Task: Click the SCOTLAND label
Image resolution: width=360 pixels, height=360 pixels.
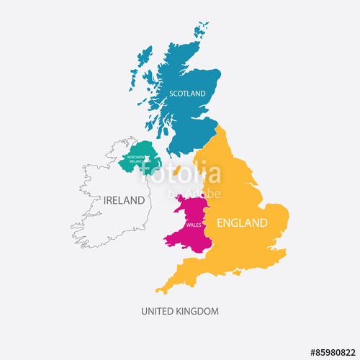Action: tap(187, 93)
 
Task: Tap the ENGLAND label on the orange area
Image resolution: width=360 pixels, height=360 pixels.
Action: tap(243, 222)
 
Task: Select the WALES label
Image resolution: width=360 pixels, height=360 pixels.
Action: tap(194, 225)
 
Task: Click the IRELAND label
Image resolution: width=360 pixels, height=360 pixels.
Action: tap(124, 200)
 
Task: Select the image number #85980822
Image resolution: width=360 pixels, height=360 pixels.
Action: tap(332, 352)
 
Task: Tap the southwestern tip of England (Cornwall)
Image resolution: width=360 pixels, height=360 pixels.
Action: tap(159, 290)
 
